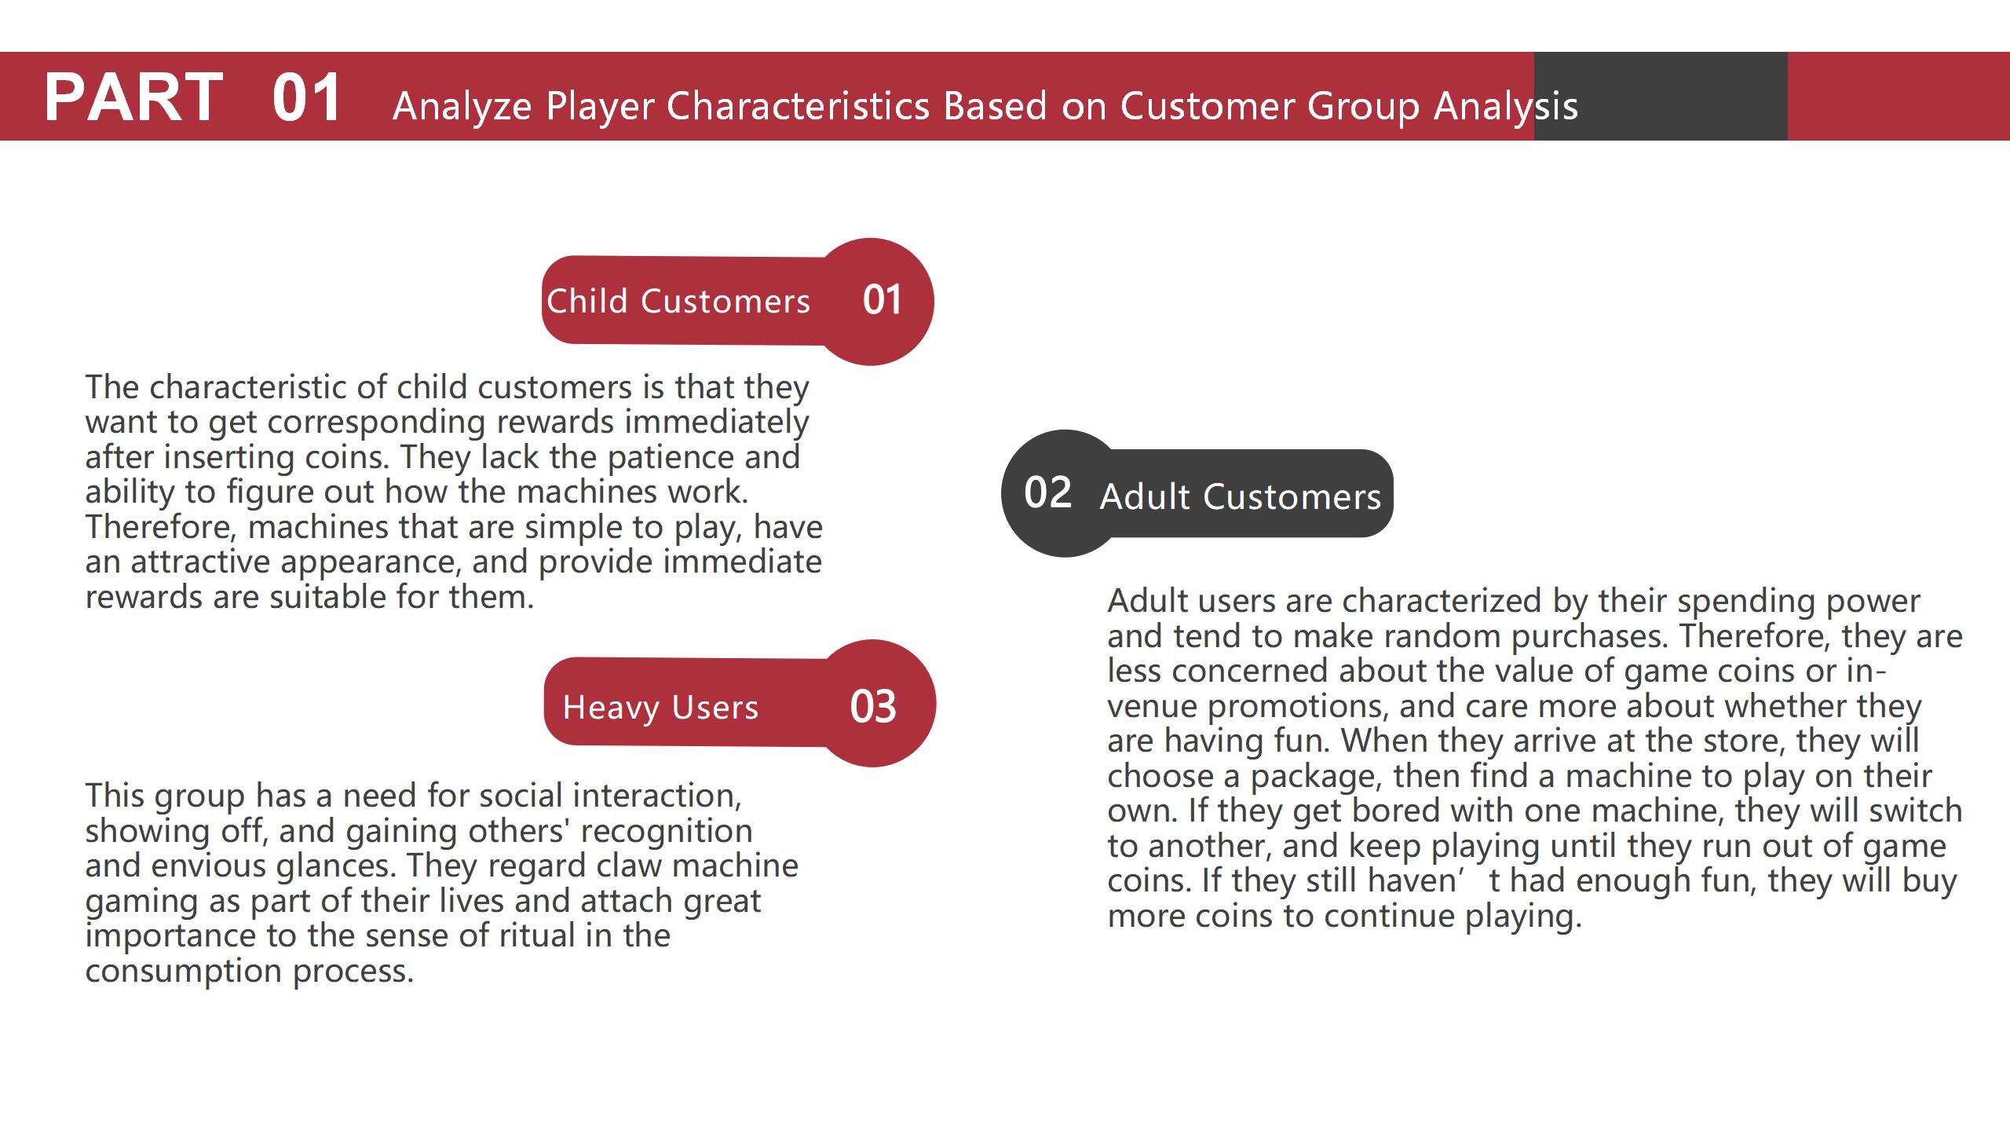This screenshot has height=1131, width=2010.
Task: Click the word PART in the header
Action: (133, 97)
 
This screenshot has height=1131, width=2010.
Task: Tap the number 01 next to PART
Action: (306, 97)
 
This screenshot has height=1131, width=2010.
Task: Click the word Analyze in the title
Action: (462, 107)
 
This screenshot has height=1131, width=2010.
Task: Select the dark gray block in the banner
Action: (1661, 96)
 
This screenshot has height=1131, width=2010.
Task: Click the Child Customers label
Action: (678, 301)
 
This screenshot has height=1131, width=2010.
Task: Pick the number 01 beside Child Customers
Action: (882, 299)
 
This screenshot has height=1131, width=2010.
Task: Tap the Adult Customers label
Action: (1241, 496)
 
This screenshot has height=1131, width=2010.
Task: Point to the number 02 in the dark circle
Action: (1047, 492)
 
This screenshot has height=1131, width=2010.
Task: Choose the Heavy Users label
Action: (661, 708)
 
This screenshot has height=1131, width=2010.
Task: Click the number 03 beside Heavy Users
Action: (873, 706)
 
